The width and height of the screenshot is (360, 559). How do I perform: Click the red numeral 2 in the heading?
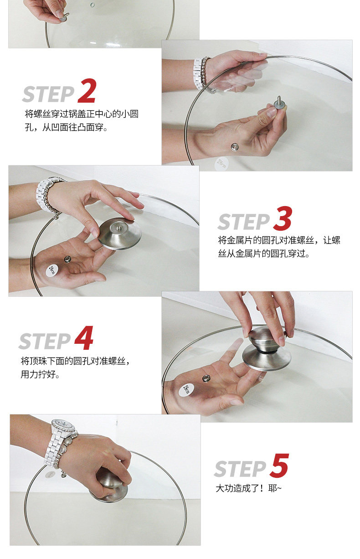click(87, 90)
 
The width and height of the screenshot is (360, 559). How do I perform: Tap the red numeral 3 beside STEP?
click(283, 218)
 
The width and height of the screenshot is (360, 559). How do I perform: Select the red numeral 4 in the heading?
click(84, 338)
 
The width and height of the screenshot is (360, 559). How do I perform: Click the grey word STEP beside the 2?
click(48, 94)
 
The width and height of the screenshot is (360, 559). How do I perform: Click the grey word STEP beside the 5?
click(240, 469)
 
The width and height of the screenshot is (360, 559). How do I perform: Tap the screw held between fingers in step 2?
click(279, 103)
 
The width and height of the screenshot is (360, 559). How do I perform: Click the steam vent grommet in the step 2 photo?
click(235, 147)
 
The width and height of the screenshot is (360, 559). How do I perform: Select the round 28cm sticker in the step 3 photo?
click(52, 270)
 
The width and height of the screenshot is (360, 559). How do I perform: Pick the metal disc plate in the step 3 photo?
click(120, 234)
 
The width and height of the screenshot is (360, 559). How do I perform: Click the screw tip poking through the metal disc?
click(119, 227)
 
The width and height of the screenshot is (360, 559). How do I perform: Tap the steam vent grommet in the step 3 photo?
click(67, 259)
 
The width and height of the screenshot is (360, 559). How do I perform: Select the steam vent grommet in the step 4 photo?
click(206, 378)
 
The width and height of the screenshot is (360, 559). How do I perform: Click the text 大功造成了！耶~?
click(248, 488)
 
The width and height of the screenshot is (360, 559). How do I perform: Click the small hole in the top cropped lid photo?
click(93, 5)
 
